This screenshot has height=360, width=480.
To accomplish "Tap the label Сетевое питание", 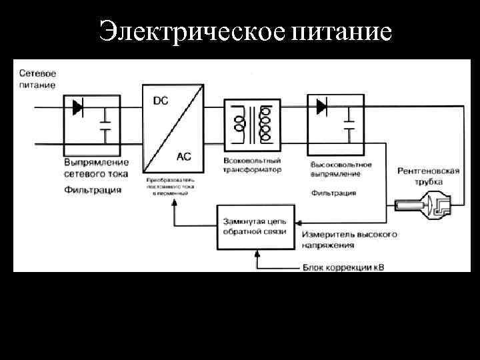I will (x=37, y=79).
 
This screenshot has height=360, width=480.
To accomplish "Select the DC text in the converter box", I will (x=161, y=101).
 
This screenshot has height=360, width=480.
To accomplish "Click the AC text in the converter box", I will (x=183, y=157).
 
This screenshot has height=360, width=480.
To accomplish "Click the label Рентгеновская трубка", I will (x=428, y=176).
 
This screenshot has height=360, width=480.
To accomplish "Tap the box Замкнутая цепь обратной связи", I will (x=255, y=227).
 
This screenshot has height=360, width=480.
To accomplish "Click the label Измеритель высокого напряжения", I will (x=349, y=240).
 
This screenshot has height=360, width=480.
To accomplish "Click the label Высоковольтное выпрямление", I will (x=341, y=169).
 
